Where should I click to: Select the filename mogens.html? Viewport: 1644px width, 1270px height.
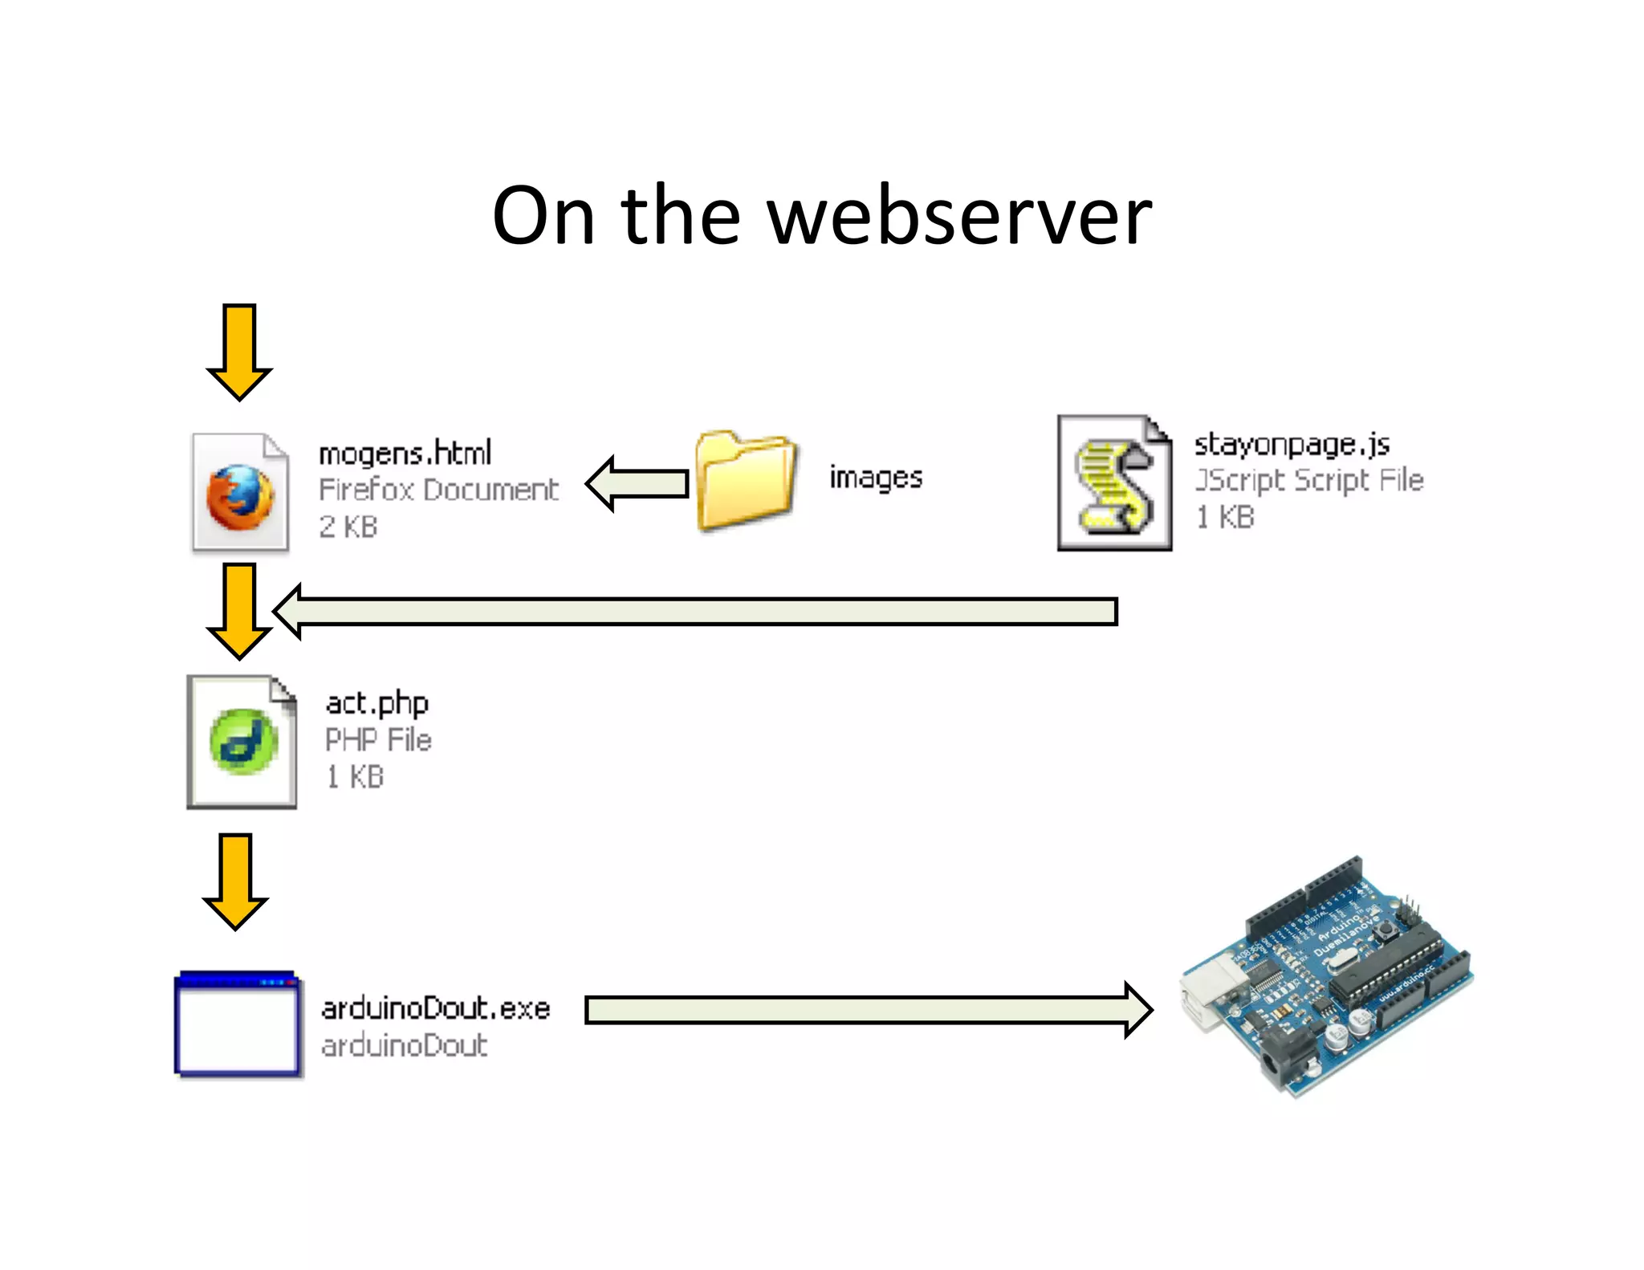(x=405, y=454)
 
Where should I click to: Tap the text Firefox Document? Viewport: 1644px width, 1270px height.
(x=438, y=490)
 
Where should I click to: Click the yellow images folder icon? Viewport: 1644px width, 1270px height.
(x=746, y=480)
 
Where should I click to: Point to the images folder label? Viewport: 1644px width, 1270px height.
(x=876, y=478)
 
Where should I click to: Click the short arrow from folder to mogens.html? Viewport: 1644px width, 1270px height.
(x=638, y=483)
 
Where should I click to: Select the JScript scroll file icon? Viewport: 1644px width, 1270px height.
(x=1115, y=484)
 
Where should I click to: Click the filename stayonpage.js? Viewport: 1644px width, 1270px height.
(x=1292, y=444)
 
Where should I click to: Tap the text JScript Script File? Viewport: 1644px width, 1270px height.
(x=1308, y=480)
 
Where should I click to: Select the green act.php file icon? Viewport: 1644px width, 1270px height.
(x=242, y=742)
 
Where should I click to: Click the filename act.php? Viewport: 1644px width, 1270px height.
(x=377, y=703)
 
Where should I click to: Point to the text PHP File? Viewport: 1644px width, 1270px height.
(x=378, y=739)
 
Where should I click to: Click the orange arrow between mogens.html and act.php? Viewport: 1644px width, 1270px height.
(x=239, y=610)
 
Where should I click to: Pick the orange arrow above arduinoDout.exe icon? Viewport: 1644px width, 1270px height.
(x=235, y=880)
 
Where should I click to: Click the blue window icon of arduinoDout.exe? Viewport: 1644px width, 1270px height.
(x=238, y=1024)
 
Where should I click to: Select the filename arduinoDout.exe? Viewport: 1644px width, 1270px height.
(x=435, y=1008)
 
